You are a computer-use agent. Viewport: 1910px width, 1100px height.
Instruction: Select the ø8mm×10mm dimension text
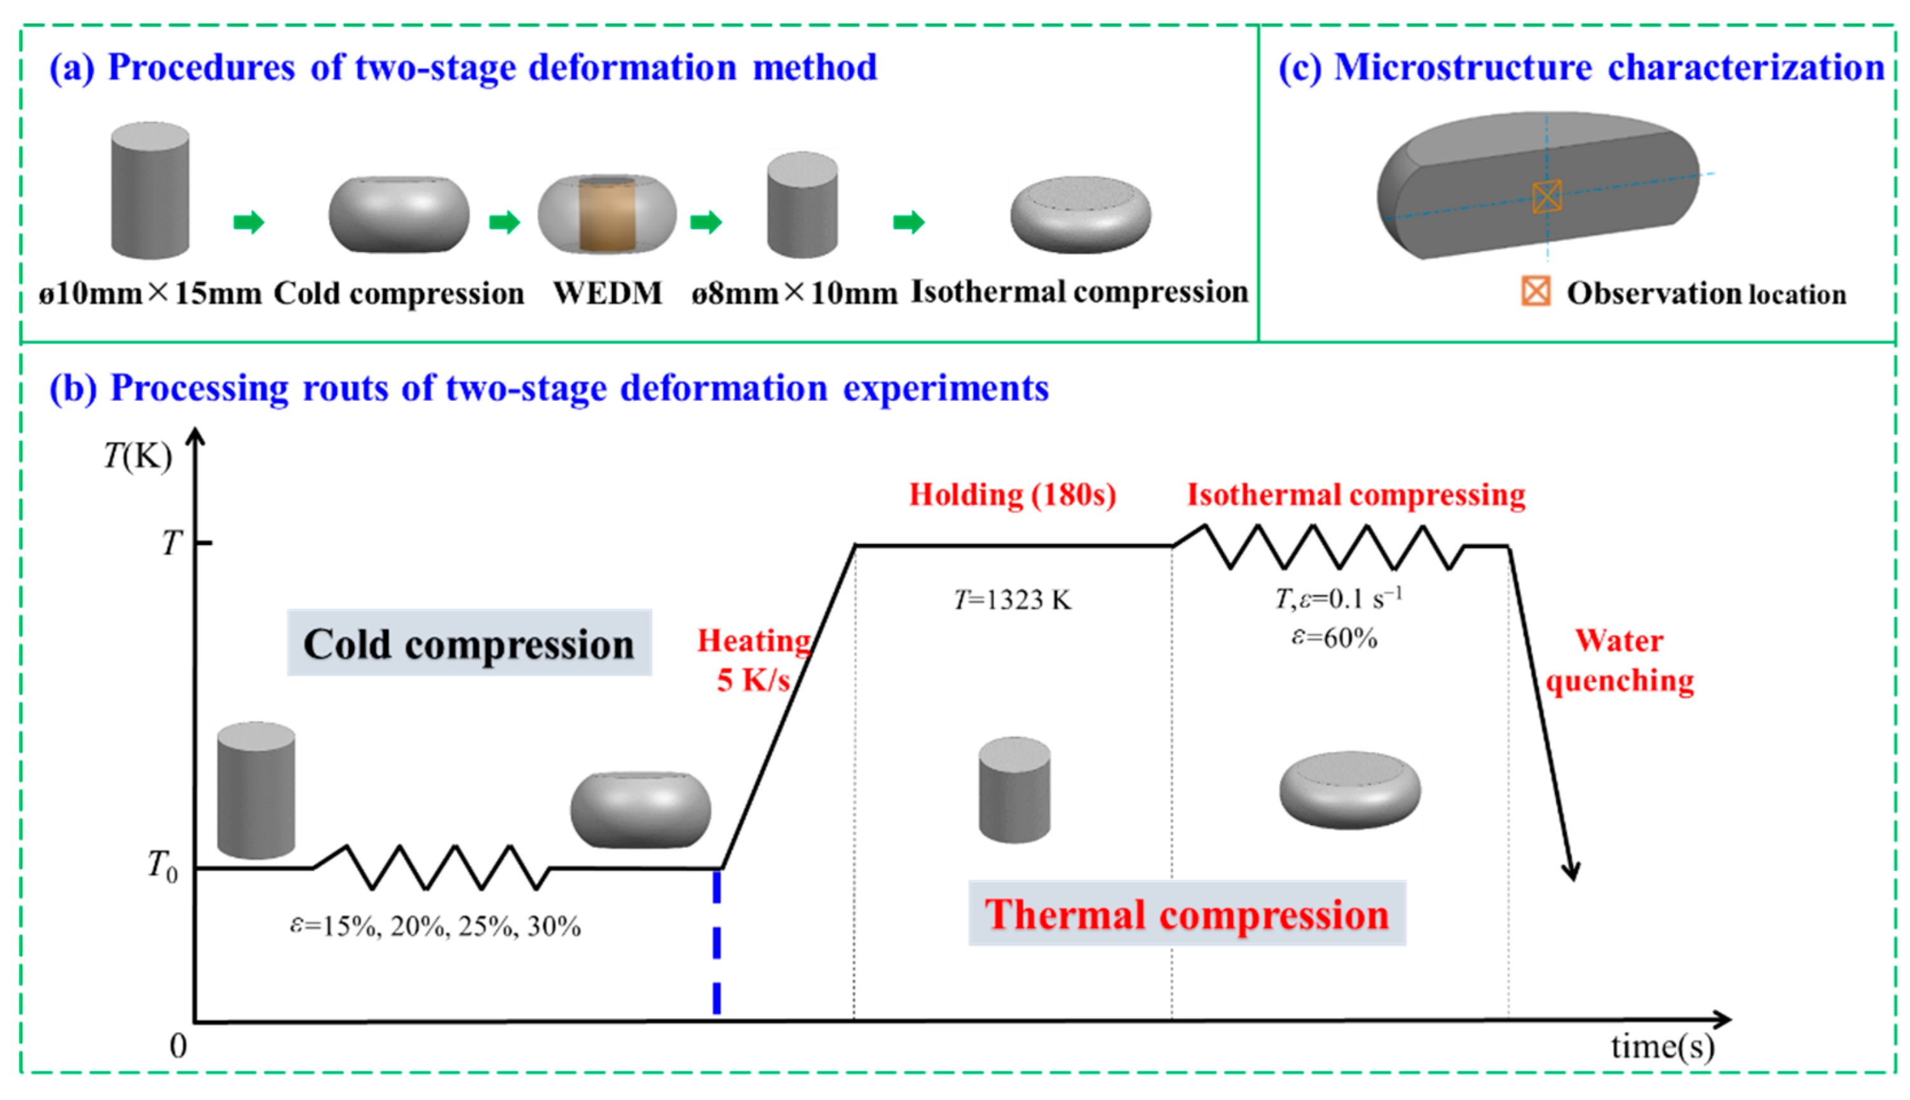794,293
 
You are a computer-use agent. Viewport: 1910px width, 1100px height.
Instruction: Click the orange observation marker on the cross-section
1546,196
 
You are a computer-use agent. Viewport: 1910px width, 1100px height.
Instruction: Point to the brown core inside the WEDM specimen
607,216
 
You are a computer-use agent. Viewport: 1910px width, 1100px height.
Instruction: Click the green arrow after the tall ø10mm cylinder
249,222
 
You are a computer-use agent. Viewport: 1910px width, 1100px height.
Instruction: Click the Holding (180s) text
1012,495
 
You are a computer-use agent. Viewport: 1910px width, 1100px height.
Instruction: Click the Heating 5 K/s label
754,659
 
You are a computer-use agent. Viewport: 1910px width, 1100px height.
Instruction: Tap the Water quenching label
1619,661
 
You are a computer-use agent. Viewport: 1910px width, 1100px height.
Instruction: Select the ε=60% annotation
1334,638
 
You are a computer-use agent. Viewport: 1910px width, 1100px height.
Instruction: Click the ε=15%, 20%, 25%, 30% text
435,926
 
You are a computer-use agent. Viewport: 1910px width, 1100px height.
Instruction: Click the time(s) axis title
1662,1047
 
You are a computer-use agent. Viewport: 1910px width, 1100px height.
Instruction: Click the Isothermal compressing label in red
1356,495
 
